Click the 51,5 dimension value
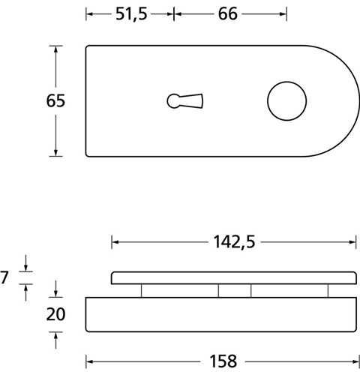(131, 14)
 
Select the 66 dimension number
(228, 14)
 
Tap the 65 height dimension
(55, 100)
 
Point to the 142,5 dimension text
(234, 242)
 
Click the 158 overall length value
(223, 361)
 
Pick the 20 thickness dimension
(55, 314)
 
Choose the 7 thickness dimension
(4, 277)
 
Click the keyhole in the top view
(185, 101)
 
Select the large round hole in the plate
(287, 101)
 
